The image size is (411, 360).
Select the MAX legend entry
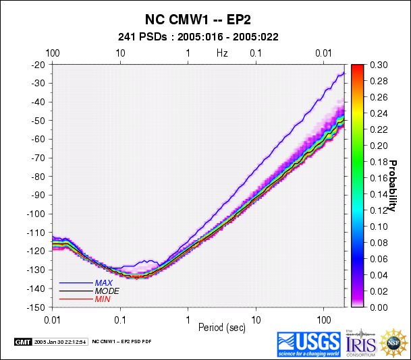(103, 282)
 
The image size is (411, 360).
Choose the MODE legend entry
(106, 291)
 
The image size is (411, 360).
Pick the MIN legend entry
(103, 299)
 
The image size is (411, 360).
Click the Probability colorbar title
(393, 185)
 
